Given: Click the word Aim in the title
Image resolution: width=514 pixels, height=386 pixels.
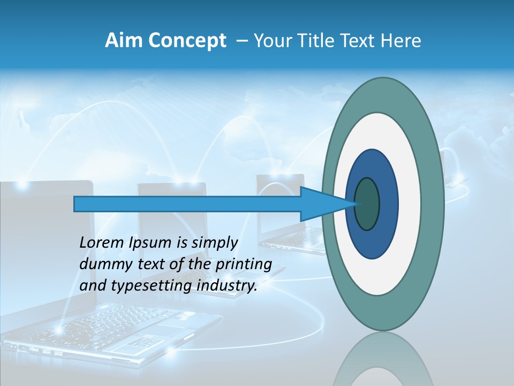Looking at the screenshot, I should [x=120, y=41].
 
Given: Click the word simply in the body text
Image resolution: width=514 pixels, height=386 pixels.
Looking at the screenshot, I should [x=214, y=243].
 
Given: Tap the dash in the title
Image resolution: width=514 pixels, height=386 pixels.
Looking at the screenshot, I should [x=242, y=41].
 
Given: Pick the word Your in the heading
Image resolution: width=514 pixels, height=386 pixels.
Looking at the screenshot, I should [x=272, y=41].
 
